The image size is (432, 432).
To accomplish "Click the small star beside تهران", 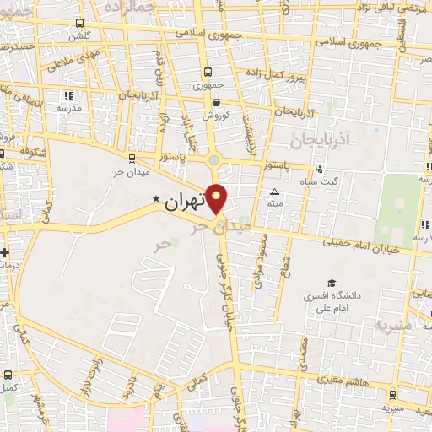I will point(155,200).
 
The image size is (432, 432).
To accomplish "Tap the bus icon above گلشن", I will point(79,24).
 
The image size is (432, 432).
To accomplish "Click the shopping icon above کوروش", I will point(217,103).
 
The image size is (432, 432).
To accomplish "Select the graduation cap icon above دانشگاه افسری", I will point(332,283).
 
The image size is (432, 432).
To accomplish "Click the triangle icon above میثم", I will point(274,193).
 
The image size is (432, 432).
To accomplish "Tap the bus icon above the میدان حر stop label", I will point(131,157).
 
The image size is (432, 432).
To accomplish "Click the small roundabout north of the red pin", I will point(214,159).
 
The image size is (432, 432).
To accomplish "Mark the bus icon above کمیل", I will point(8,375).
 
